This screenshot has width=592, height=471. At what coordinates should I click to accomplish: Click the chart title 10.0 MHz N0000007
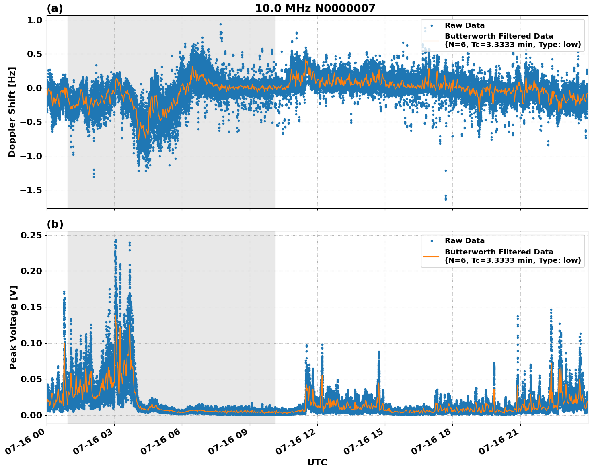[315, 8]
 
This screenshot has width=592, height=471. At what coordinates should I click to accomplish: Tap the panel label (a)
[55, 8]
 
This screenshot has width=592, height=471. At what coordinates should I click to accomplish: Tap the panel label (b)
[55, 224]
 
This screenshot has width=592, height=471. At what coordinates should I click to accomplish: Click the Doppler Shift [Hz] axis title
[12, 112]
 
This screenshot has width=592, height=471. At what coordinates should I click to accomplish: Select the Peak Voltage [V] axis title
[13, 327]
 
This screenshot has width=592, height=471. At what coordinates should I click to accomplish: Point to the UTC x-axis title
[317, 462]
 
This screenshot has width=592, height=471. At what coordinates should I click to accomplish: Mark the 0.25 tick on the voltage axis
[32, 235]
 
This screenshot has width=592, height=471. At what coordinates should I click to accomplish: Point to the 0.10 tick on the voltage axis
[32, 343]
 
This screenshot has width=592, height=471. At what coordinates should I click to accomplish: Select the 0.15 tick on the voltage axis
[32, 307]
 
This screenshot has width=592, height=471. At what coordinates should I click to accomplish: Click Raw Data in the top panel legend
[465, 25]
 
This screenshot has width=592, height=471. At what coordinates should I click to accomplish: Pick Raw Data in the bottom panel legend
[465, 241]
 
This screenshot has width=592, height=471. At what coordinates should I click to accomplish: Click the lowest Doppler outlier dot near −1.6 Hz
[446, 199]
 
